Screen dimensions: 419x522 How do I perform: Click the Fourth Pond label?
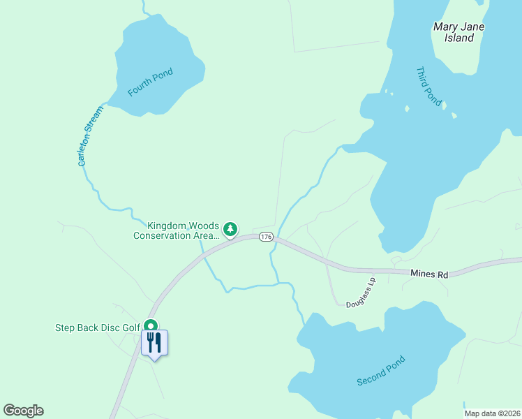(150, 82)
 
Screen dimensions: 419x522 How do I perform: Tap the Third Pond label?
(429, 87)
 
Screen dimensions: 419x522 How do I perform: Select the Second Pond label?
(380, 372)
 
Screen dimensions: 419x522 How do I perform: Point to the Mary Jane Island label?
(458, 32)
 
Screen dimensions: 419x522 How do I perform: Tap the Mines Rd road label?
(428, 274)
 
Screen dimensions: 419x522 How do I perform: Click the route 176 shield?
(265, 237)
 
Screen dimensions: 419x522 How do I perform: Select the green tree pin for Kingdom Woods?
(230, 228)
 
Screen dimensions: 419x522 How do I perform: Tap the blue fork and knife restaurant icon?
(154, 342)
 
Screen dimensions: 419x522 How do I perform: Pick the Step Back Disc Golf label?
(97, 328)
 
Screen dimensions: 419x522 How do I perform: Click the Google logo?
(24, 411)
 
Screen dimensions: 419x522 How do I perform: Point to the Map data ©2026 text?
(493, 413)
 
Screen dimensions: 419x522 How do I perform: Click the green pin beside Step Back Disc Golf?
(150, 325)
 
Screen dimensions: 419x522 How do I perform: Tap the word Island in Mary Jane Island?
(459, 38)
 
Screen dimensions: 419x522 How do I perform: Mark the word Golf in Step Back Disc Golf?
(130, 328)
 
